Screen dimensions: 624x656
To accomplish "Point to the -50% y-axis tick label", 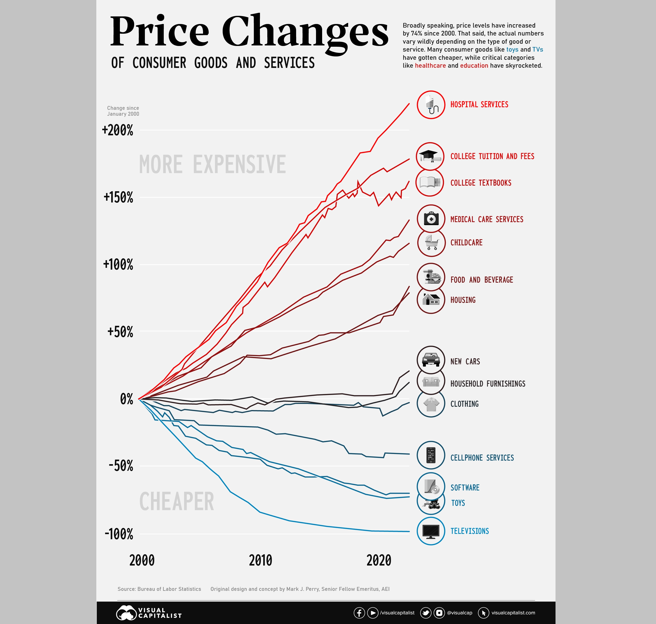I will [121, 466].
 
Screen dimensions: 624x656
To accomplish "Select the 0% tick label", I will [126, 399].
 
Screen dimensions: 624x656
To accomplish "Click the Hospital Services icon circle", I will [431, 105].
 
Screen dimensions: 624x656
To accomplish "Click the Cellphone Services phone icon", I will [431, 455].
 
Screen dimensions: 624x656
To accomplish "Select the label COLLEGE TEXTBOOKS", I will [481, 183].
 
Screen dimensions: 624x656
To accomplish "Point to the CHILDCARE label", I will [466, 243].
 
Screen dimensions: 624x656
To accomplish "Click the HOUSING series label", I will [463, 300].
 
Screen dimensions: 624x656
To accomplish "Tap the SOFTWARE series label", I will [465, 488].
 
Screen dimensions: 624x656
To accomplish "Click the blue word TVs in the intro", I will [537, 50].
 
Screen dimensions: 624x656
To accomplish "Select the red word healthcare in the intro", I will [430, 66].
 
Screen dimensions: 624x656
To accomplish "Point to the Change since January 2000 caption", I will [123, 111].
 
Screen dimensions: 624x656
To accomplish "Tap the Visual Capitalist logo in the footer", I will [149, 613].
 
